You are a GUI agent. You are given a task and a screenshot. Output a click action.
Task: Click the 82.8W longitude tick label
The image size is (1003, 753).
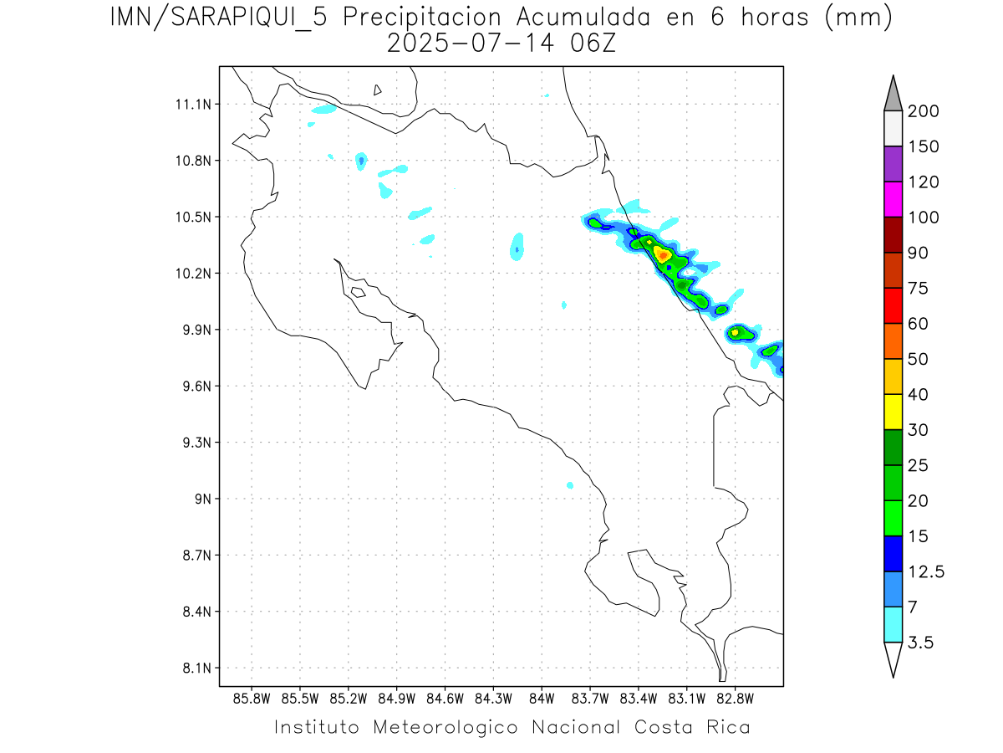click(x=735, y=699)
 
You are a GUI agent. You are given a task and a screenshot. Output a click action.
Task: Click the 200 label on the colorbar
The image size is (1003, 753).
click(x=923, y=111)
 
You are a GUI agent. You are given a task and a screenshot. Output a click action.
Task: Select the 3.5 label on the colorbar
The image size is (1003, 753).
click(x=919, y=643)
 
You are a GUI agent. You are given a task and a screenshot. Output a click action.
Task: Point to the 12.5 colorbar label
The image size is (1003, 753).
click(x=925, y=572)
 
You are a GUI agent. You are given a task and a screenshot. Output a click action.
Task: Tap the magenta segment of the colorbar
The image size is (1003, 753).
click(x=893, y=199)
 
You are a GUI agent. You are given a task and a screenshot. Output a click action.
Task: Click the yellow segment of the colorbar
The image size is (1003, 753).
click(x=893, y=412)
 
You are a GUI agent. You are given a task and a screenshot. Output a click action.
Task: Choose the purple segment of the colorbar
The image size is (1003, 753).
click(x=893, y=164)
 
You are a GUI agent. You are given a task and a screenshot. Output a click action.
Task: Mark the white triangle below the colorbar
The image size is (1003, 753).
click(x=893, y=658)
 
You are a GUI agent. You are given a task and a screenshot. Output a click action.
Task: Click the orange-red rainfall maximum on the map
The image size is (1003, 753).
click(x=663, y=254)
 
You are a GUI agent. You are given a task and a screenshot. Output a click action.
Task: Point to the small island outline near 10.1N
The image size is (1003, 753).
click(x=358, y=292)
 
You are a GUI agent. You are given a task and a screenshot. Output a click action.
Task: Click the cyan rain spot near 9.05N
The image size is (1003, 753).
click(x=570, y=485)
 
